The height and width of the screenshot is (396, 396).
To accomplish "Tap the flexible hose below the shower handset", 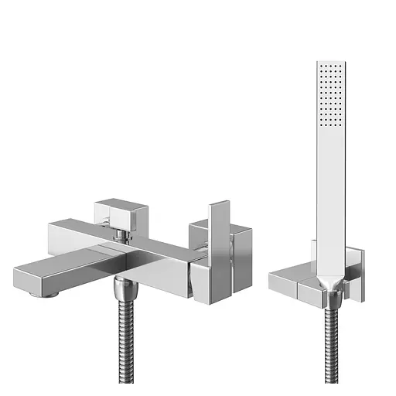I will point(331,340).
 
